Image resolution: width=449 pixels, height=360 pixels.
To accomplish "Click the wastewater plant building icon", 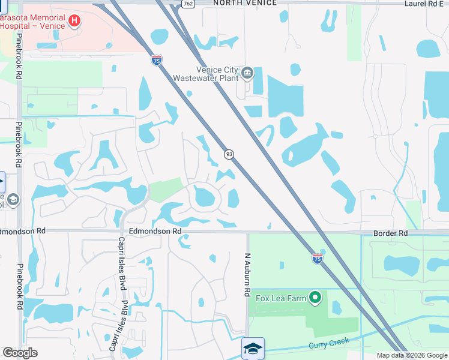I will [x=247, y=74].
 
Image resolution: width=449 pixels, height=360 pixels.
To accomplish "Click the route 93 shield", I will [x=229, y=154].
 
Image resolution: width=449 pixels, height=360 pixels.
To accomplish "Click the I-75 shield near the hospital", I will [x=156, y=60].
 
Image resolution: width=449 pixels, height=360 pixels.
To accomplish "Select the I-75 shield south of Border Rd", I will [x=318, y=259].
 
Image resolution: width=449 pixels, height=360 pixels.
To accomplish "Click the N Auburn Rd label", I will [x=247, y=274].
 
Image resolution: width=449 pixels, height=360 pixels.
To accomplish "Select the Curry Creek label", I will [x=328, y=345].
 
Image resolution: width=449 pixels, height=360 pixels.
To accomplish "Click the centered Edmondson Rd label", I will [x=155, y=231].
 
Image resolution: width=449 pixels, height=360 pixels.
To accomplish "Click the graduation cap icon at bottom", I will [x=253, y=348].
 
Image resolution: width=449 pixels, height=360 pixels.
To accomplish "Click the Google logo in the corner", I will [x=20, y=353].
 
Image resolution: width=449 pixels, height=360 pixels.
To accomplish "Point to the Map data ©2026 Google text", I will [x=412, y=355].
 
